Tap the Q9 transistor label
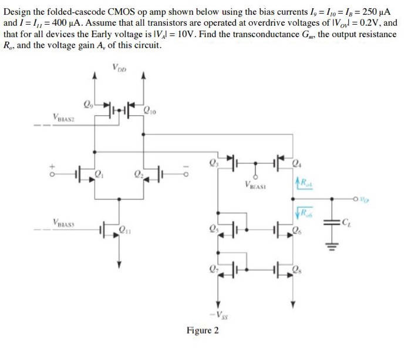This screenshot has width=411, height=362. [x=89, y=106]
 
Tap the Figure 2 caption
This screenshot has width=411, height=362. [x=202, y=330]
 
